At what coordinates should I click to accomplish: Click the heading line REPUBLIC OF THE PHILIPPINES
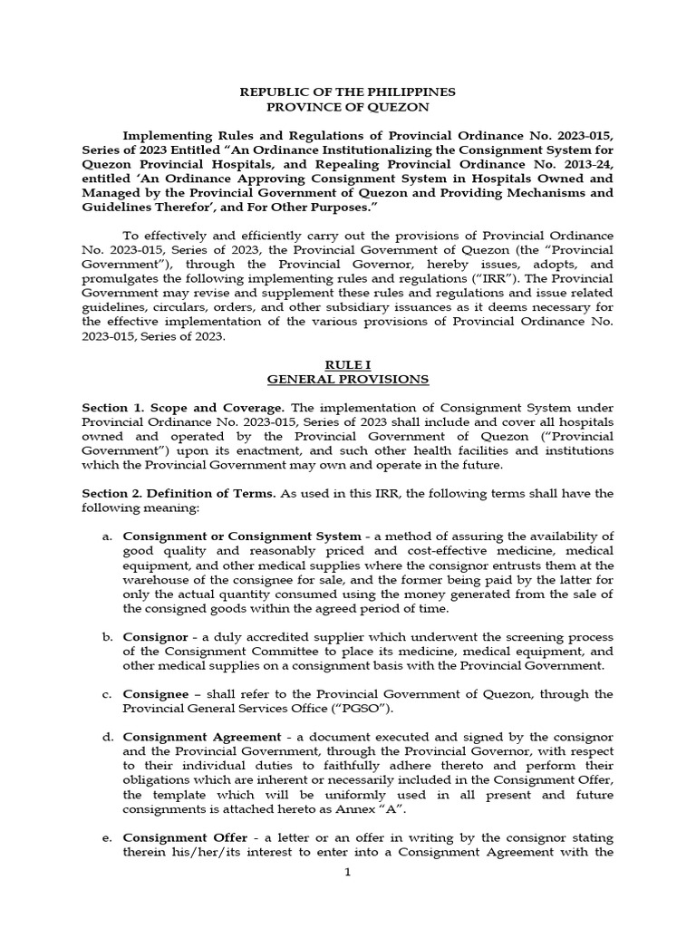point(347,92)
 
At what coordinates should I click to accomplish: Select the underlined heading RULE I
point(347,363)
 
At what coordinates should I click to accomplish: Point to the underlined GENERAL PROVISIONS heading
point(347,379)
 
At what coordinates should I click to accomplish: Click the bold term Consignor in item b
point(150,637)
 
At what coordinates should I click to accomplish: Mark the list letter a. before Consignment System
point(107,536)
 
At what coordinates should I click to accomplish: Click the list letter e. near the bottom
point(107,838)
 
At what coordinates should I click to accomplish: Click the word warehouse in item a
point(155,580)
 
